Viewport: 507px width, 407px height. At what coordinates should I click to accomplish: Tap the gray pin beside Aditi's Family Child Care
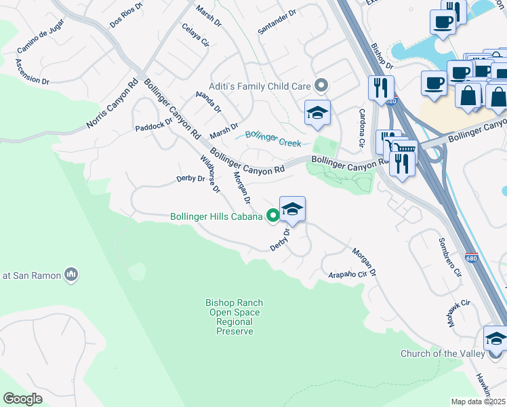[322, 85]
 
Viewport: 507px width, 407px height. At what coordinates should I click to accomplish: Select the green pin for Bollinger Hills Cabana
[273, 216]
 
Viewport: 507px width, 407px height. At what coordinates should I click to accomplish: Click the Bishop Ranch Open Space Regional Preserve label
[235, 317]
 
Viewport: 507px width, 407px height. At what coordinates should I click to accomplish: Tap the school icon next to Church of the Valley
[495, 338]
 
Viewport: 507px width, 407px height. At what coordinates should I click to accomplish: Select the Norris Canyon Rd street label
[113, 106]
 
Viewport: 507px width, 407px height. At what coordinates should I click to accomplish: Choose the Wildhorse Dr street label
[210, 174]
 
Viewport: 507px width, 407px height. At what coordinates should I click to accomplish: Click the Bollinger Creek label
[273, 139]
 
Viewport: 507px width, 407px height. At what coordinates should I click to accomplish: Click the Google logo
[23, 398]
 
